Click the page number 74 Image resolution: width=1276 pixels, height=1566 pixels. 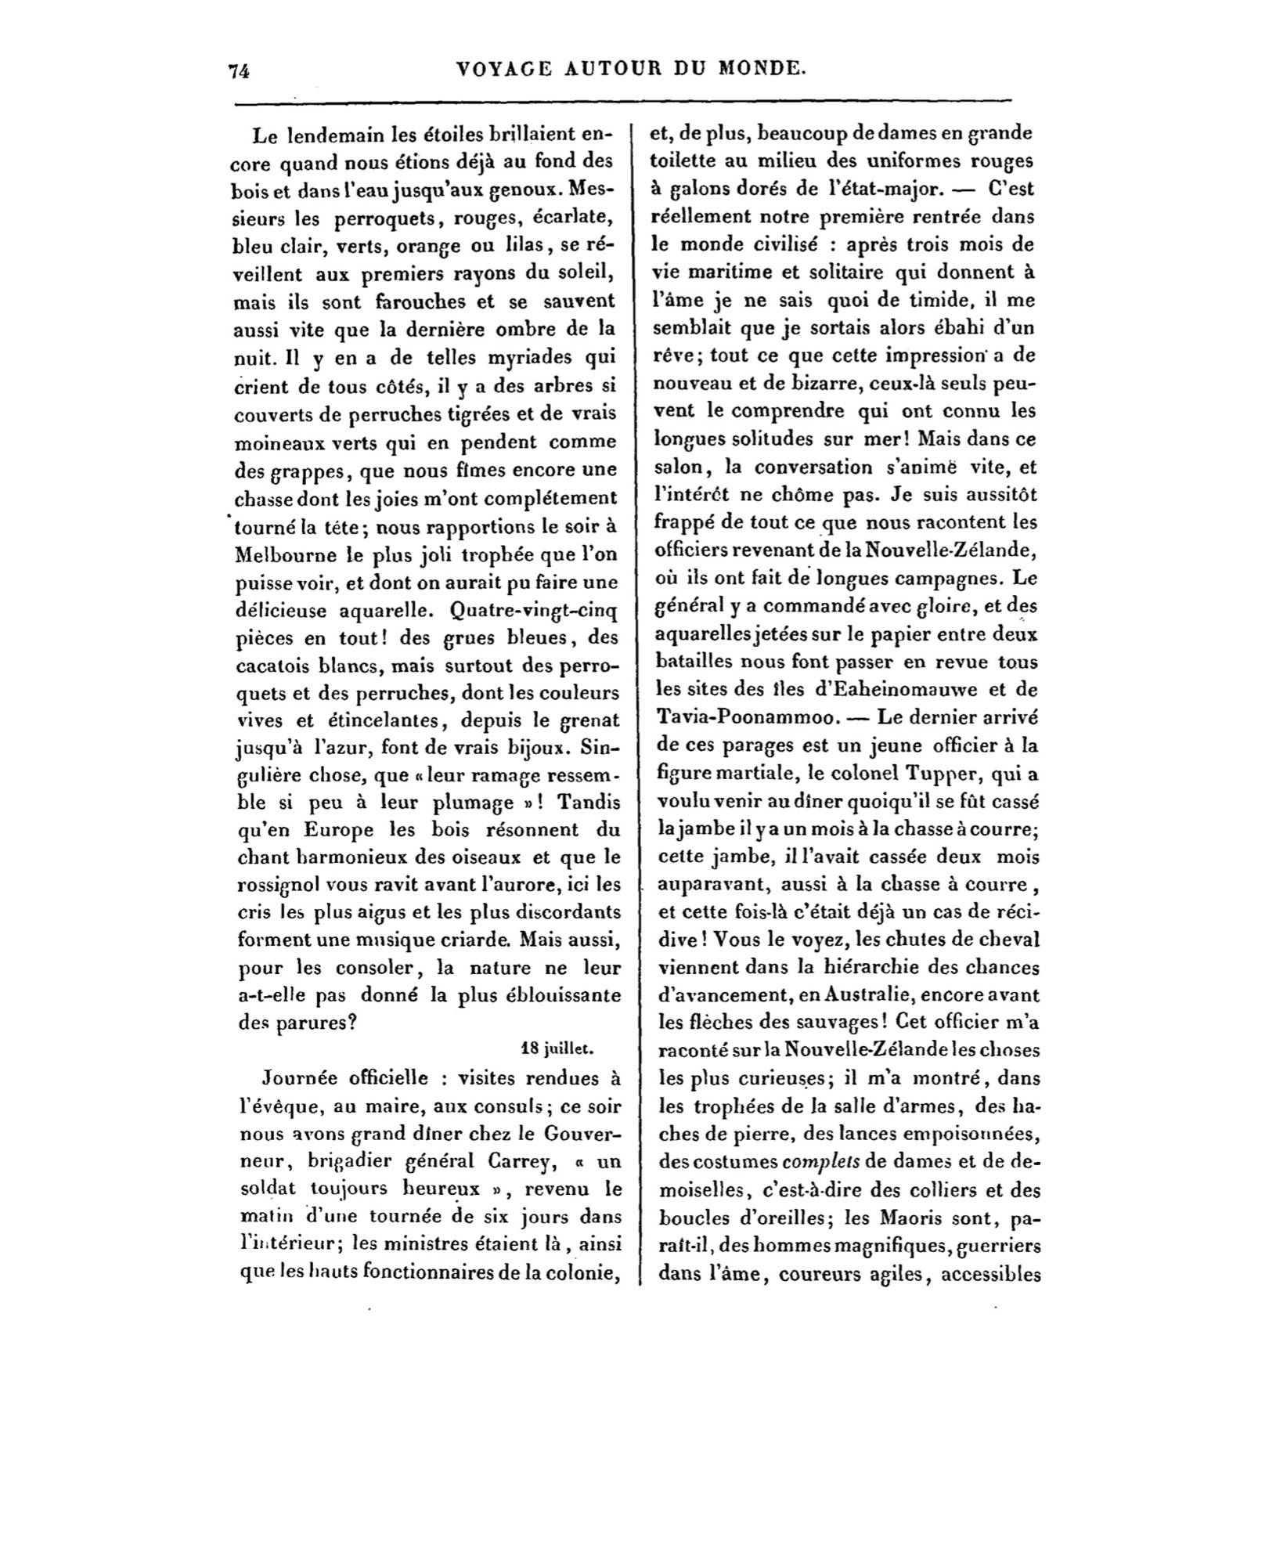(238, 70)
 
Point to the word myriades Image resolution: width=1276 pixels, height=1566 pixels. (514, 358)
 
